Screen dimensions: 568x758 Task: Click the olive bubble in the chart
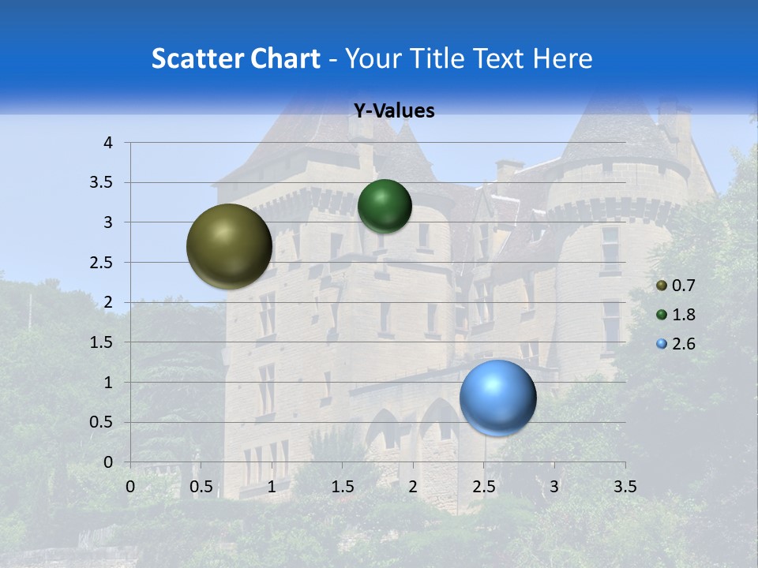(x=229, y=246)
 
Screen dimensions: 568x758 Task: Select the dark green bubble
(x=385, y=206)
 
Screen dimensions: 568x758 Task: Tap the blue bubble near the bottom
(x=497, y=398)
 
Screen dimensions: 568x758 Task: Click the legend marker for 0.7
(x=662, y=285)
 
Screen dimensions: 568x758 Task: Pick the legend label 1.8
(x=684, y=315)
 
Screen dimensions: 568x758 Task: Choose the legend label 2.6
(x=684, y=344)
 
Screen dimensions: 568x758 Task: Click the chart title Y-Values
(x=394, y=111)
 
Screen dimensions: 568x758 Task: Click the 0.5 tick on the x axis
(x=201, y=487)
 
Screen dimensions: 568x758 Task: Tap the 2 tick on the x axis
(x=413, y=487)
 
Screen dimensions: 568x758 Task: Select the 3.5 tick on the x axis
(x=625, y=487)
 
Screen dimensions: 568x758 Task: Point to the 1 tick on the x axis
(x=272, y=487)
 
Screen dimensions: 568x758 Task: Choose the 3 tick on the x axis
(x=554, y=487)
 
